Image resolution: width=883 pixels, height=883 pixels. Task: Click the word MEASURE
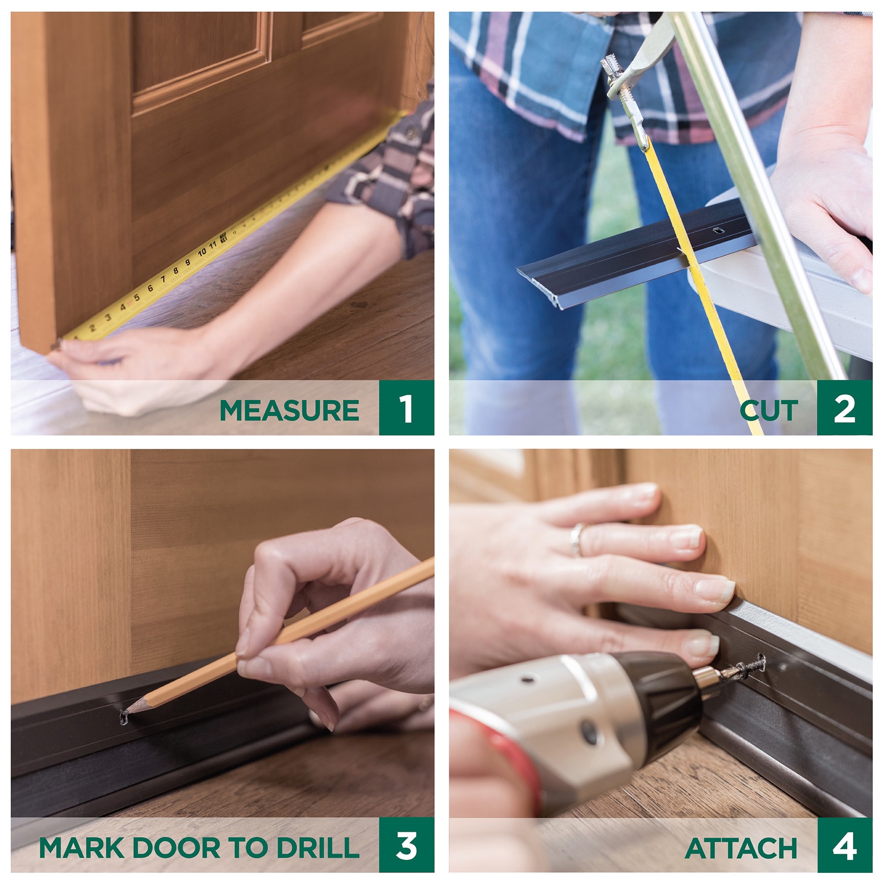(289, 410)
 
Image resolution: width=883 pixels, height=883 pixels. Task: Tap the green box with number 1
(407, 408)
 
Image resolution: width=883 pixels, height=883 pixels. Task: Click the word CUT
(769, 410)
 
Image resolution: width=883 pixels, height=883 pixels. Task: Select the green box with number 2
(844, 408)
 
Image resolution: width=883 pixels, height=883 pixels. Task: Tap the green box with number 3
(407, 845)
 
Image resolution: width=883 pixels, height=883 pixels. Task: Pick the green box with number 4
(844, 845)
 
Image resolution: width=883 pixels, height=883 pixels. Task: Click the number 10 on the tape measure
(202, 252)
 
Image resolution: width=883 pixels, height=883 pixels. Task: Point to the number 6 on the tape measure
(150, 288)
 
